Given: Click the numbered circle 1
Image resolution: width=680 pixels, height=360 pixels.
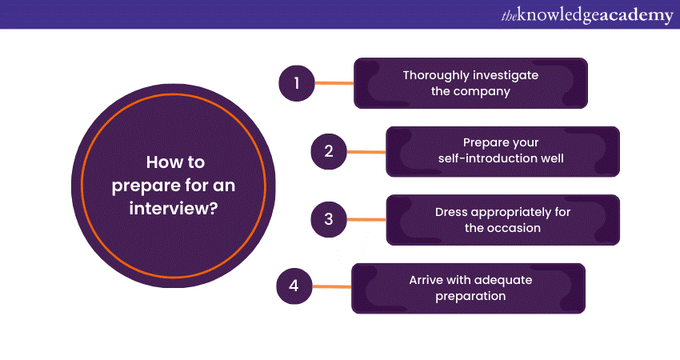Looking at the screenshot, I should pyautogui.click(x=296, y=82).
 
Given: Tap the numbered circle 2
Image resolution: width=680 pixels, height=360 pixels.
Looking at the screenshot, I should pyautogui.click(x=328, y=151).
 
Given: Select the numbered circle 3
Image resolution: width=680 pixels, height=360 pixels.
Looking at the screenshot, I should pyautogui.click(x=328, y=219).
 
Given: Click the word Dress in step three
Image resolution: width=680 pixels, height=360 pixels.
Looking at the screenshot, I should pyautogui.click(x=453, y=212).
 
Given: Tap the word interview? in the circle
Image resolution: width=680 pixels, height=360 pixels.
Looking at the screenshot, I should pyautogui.click(x=175, y=209).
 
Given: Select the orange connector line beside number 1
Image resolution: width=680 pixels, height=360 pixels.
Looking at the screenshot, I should pyautogui.click(x=334, y=82).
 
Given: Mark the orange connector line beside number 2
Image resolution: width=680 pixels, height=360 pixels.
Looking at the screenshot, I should pyautogui.click(x=366, y=151).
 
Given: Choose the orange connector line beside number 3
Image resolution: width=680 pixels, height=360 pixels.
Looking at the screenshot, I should pyautogui.click(x=366, y=219).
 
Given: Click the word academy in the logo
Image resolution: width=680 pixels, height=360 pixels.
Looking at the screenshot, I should pyautogui.click(x=637, y=14).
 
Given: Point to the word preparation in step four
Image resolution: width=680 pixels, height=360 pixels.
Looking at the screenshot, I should pyautogui.click(x=470, y=296).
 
